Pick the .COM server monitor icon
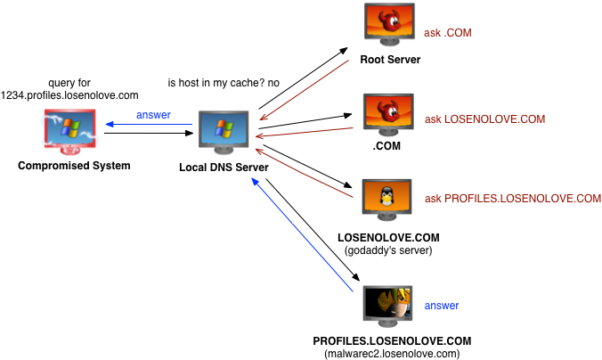pos(389,114)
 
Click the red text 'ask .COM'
pos(447,33)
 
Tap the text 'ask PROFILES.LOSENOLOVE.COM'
pos(513,198)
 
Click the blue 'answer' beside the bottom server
pos(442,306)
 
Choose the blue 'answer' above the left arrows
pos(153,115)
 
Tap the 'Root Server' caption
pos(389,61)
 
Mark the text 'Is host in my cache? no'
pos(224,83)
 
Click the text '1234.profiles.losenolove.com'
pos(69,94)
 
